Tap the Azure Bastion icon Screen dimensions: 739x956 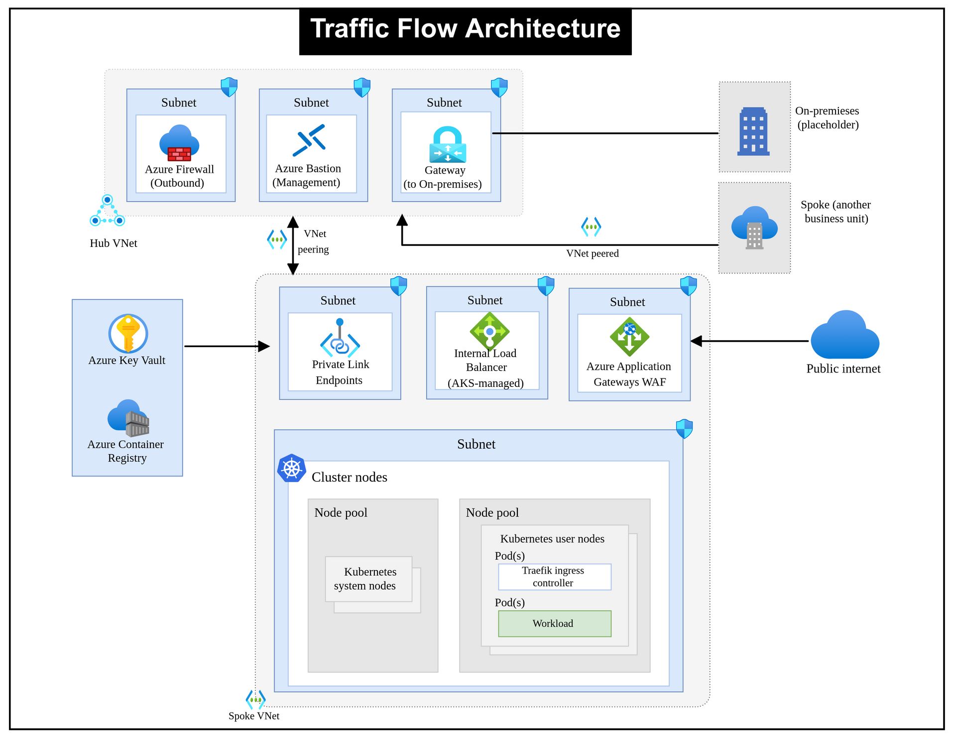(310, 140)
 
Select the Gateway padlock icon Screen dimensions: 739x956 (447, 144)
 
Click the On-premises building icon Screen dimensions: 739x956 (753, 131)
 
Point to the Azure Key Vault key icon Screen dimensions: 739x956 (128, 334)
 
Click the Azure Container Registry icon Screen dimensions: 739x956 (128, 418)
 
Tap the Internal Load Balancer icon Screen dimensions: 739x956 (489, 331)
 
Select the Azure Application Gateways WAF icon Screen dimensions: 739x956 (629, 337)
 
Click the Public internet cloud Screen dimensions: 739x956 (844, 336)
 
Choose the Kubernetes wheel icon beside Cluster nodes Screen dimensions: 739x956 (292, 468)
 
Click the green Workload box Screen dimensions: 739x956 (554, 623)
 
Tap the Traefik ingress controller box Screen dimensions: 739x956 (554, 577)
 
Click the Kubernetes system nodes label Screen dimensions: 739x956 (367, 579)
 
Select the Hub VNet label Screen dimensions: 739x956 (114, 243)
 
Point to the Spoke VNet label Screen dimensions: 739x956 (254, 716)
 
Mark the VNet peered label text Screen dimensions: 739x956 (593, 253)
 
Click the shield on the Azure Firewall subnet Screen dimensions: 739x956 (229, 87)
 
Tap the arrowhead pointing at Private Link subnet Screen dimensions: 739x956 (264, 346)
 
